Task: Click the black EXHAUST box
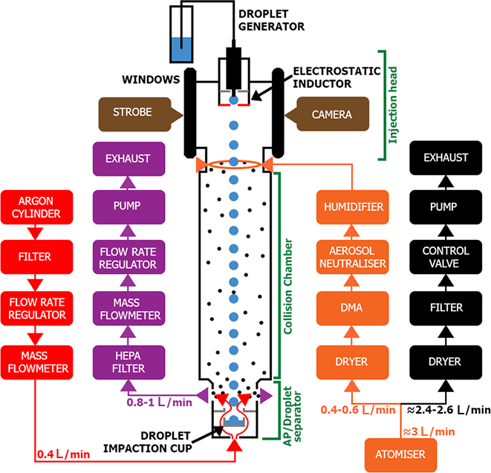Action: [x=446, y=157]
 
